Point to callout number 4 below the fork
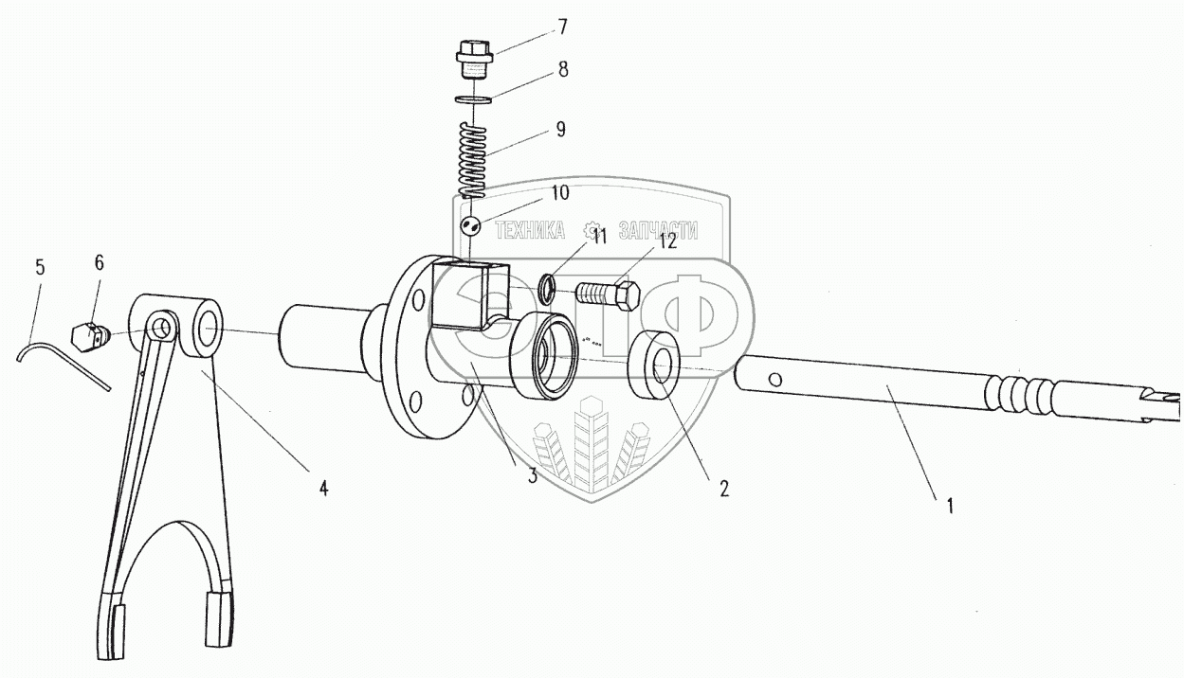point(323,489)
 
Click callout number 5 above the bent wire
point(40,267)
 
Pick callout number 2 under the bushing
point(723,489)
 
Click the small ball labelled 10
point(471,226)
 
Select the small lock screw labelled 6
point(88,333)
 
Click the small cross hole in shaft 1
point(775,380)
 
